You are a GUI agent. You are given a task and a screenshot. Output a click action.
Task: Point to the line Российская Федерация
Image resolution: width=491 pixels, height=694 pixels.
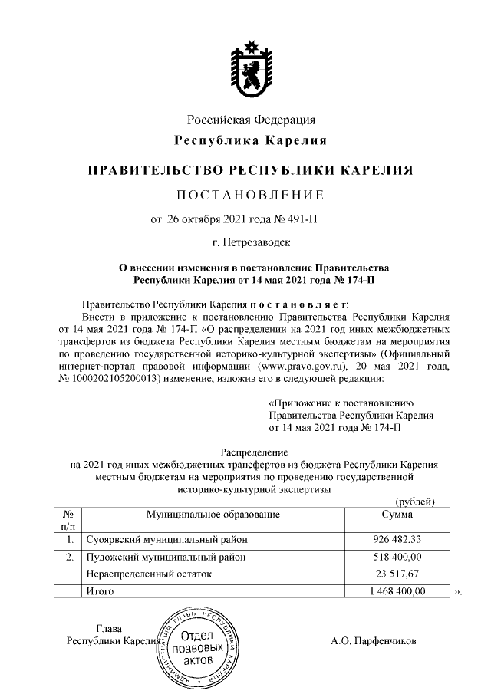[252, 120]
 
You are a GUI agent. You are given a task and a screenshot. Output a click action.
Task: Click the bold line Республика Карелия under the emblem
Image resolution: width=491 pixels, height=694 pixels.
[252, 140]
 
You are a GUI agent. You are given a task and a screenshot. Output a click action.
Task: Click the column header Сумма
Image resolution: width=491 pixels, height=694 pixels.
[397, 513]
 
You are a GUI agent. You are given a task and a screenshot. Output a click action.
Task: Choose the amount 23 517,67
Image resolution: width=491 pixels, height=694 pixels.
[398, 574]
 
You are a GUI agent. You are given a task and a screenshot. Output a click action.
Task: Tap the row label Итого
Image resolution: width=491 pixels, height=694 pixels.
[100, 591]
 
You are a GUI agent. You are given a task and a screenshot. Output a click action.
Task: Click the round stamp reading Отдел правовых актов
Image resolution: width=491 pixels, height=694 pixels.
[199, 648]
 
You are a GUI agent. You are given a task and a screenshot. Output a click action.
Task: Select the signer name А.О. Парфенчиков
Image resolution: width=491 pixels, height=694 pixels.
[374, 640]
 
